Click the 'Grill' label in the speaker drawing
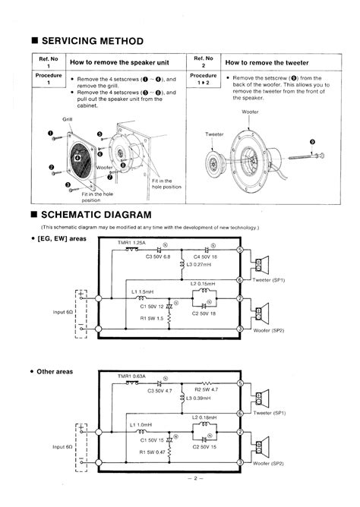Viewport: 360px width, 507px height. click(x=67, y=119)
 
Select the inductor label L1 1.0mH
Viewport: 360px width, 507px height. click(x=143, y=425)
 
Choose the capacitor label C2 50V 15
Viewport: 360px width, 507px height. click(x=205, y=446)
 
